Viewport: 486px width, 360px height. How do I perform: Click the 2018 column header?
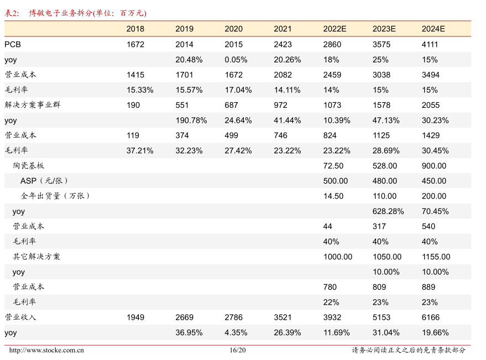pos(135,29)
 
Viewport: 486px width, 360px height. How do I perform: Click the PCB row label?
pos(13,44)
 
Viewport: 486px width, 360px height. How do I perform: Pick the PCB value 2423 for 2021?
pos(283,44)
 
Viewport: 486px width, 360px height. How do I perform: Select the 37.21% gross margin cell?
pos(139,150)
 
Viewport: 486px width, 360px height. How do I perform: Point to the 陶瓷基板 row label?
pos(28,166)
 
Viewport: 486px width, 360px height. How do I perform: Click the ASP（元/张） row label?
pos(44,181)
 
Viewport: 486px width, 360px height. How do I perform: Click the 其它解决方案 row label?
pos(36,257)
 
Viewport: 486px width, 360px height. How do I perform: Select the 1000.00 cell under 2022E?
pos(337,257)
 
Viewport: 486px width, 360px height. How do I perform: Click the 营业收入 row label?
pos(20,317)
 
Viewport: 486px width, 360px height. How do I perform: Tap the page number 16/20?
pos(237,350)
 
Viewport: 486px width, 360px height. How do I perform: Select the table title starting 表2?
pos(76,13)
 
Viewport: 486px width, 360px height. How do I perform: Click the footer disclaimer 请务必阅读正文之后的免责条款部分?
pos(409,350)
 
